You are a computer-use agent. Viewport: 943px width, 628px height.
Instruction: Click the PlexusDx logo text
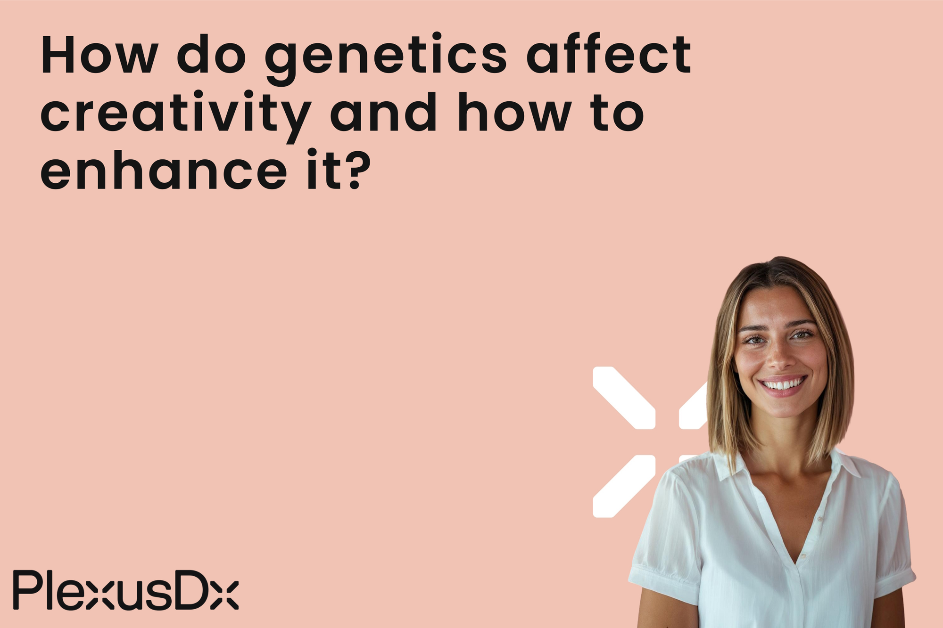125,590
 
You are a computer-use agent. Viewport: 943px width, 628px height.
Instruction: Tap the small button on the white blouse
820,519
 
